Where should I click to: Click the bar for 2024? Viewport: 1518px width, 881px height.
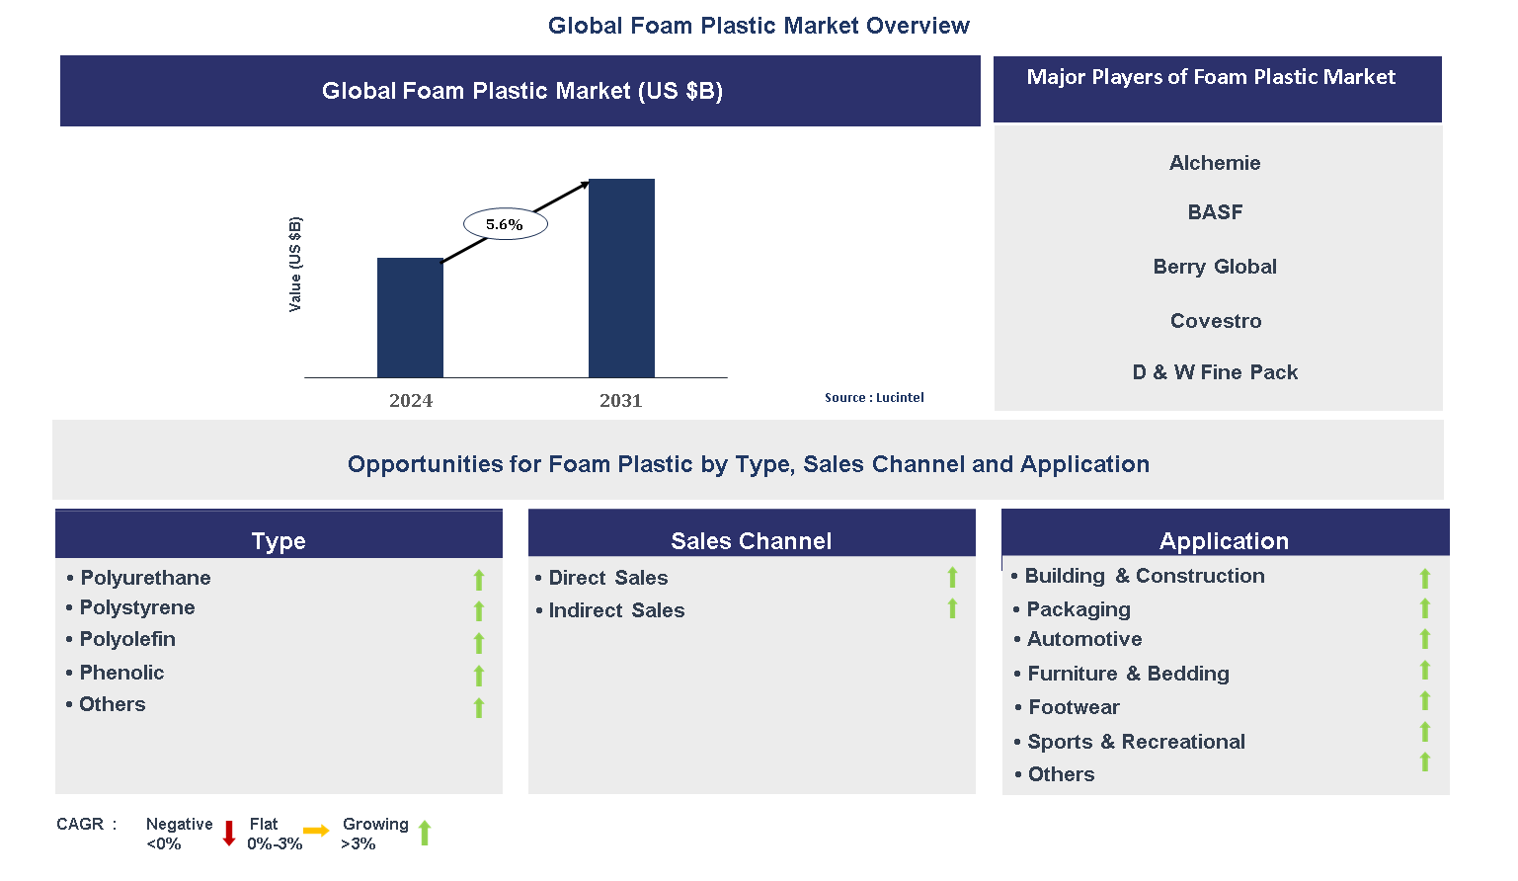tap(410, 317)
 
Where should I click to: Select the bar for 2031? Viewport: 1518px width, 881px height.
tap(621, 278)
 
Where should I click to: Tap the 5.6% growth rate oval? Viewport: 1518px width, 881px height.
tap(505, 224)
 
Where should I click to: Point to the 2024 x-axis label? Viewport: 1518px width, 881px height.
tap(411, 400)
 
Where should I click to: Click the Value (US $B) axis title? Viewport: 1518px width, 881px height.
tap(294, 264)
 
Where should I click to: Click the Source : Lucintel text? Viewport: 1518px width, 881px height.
tap(874, 397)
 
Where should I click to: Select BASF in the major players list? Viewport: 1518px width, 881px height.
tap(1215, 212)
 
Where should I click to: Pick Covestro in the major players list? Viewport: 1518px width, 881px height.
tap(1216, 321)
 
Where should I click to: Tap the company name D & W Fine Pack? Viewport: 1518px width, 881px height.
tap(1215, 372)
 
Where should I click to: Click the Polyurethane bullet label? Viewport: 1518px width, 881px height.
tap(145, 578)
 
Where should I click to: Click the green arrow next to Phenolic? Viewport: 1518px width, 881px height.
tap(479, 676)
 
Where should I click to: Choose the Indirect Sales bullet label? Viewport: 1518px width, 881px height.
tap(616, 610)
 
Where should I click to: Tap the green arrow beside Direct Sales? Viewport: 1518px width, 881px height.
tap(952, 578)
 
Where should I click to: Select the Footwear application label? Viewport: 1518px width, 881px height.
tap(1074, 707)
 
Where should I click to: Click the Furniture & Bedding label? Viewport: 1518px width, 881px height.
tap(1128, 674)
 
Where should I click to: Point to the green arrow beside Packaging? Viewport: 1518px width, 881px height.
tap(1424, 608)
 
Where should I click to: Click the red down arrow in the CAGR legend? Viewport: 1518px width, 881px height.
tap(229, 833)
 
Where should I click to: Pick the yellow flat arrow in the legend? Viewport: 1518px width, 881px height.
tap(316, 831)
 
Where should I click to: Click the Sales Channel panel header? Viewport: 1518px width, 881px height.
tap(751, 540)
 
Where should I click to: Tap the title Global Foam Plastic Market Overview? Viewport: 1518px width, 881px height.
tap(759, 26)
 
